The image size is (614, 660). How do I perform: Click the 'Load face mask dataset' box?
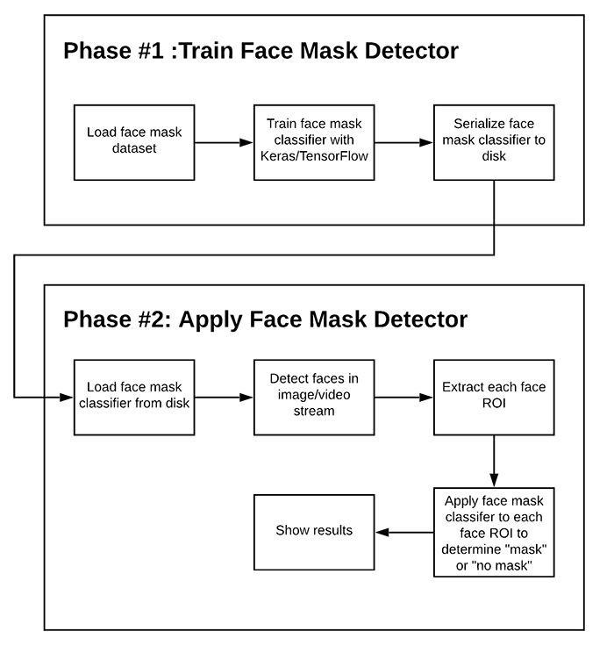click(x=134, y=142)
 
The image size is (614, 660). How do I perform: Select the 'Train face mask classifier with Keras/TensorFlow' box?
click(x=314, y=142)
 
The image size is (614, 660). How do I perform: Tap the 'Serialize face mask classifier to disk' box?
click(x=494, y=142)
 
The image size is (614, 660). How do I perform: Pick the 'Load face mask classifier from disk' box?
click(x=134, y=397)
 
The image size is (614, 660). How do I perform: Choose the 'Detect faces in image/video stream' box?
click(x=314, y=397)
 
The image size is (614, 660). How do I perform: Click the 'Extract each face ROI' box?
click(x=494, y=397)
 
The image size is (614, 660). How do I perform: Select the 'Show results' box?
click(x=314, y=530)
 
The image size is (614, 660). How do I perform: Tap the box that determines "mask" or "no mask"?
click(x=494, y=530)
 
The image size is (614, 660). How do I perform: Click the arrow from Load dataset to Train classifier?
click(x=225, y=142)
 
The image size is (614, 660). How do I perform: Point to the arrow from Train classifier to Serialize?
click(x=404, y=142)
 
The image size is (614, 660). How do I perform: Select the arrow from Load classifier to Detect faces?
click(x=225, y=397)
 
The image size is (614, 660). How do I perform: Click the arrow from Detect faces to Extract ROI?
click(x=404, y=397)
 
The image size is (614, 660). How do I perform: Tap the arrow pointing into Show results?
click(x=404, y=530)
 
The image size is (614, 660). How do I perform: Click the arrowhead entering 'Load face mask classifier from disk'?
click(x=68, y=397)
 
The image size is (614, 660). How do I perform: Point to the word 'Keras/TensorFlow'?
click(x=314, y=156)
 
